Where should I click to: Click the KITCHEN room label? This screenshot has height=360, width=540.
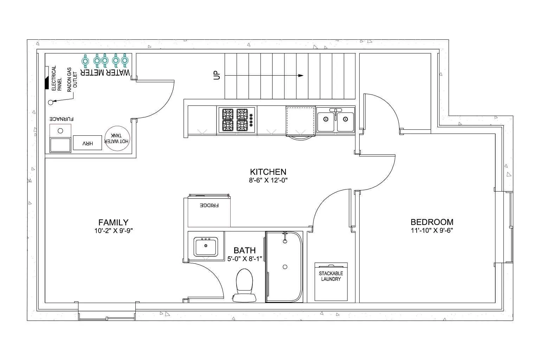pyautogui.click(x=268, y=172)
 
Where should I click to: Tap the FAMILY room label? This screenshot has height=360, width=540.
pyautogui.click(x=113, y=222)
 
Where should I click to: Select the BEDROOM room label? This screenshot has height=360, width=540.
pyautogui.click(x=432, y=222)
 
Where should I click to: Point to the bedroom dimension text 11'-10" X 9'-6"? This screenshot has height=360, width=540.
pyautogui.click(x=432, y=231)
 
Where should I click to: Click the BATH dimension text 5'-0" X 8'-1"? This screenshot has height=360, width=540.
pyautogui.click(x=245, y=259)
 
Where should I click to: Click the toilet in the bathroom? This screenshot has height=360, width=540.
pyautogui.click(x=244, y=285)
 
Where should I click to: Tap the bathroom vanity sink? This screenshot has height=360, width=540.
pyautogui.click(x=206, y=246)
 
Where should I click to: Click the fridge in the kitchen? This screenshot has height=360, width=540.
pyautogui.click(x=209, y=210)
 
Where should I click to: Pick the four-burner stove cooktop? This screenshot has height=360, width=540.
pyautogui.click(x=237, y=120)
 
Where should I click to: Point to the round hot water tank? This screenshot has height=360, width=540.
pyautogui.click(x=117, y=139)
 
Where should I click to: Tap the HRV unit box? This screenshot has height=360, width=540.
pyautogui.click(x=87, y=143)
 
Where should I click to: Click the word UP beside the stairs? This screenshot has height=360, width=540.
pyautogui.click(x=217, y=75)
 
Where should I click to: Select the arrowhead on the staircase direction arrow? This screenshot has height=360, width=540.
pyautogui.click(x=301, y=76)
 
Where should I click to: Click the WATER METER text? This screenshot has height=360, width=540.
pyautogui.click(x=105, y=72)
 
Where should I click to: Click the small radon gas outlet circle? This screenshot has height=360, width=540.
pyautogui.click(x=51, y=102)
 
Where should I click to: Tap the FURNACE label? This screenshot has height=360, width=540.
pyautogui.click(x=62, y=119)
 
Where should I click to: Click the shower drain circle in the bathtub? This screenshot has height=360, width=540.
pyautogui.click(x=285, y=267)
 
